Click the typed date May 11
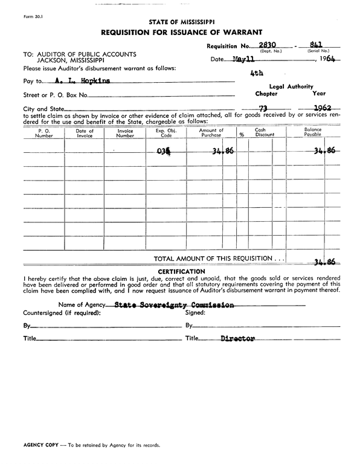243,60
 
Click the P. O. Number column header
44,133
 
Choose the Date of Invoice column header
85,133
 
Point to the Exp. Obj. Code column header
165,133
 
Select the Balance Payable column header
313,133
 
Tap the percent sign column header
241,135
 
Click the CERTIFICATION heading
181,271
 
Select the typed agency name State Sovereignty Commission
174,305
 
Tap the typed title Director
237,339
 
